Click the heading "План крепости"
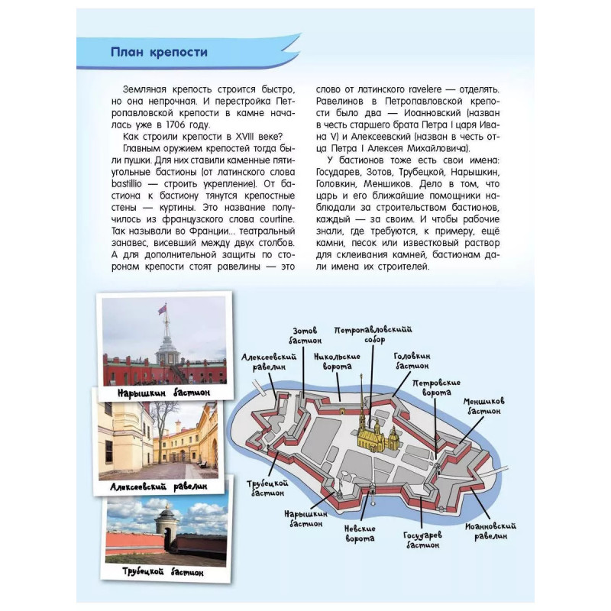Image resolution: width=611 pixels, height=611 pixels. pyautogui.click(x=159, y=52)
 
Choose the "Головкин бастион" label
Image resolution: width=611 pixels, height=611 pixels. pyautogui.click(x=412, y=360)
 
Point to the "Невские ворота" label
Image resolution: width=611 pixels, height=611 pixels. pyautogui.click(x=360, y=533)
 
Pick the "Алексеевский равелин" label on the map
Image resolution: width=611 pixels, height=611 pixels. pyautogui.click(x=264, y=361)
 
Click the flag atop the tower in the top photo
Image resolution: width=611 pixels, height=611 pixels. pyautogui.click(x=161, y=309)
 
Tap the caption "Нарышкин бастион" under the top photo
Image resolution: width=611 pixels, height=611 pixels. pyautogui.click(x=163, y=393)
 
